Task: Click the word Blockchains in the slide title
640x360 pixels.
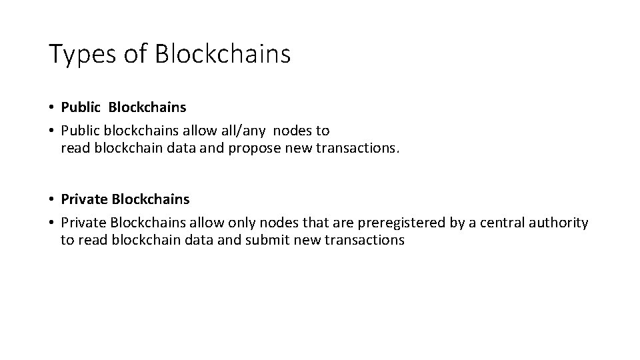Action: (x=223, y=54)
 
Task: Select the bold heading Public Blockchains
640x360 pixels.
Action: (x=123, y=107)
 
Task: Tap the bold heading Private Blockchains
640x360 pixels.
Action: (x=125, y=199)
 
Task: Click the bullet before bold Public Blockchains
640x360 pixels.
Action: (x=51, y=107)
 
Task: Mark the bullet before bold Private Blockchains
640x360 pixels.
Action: (x=51, y=199)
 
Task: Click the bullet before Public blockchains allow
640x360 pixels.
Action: (x=51, y=131)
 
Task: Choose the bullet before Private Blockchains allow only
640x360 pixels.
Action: (x=51, y=223)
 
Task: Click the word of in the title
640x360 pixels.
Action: (x=135, y=54)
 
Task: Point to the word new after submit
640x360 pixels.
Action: (x=305, y=239)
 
